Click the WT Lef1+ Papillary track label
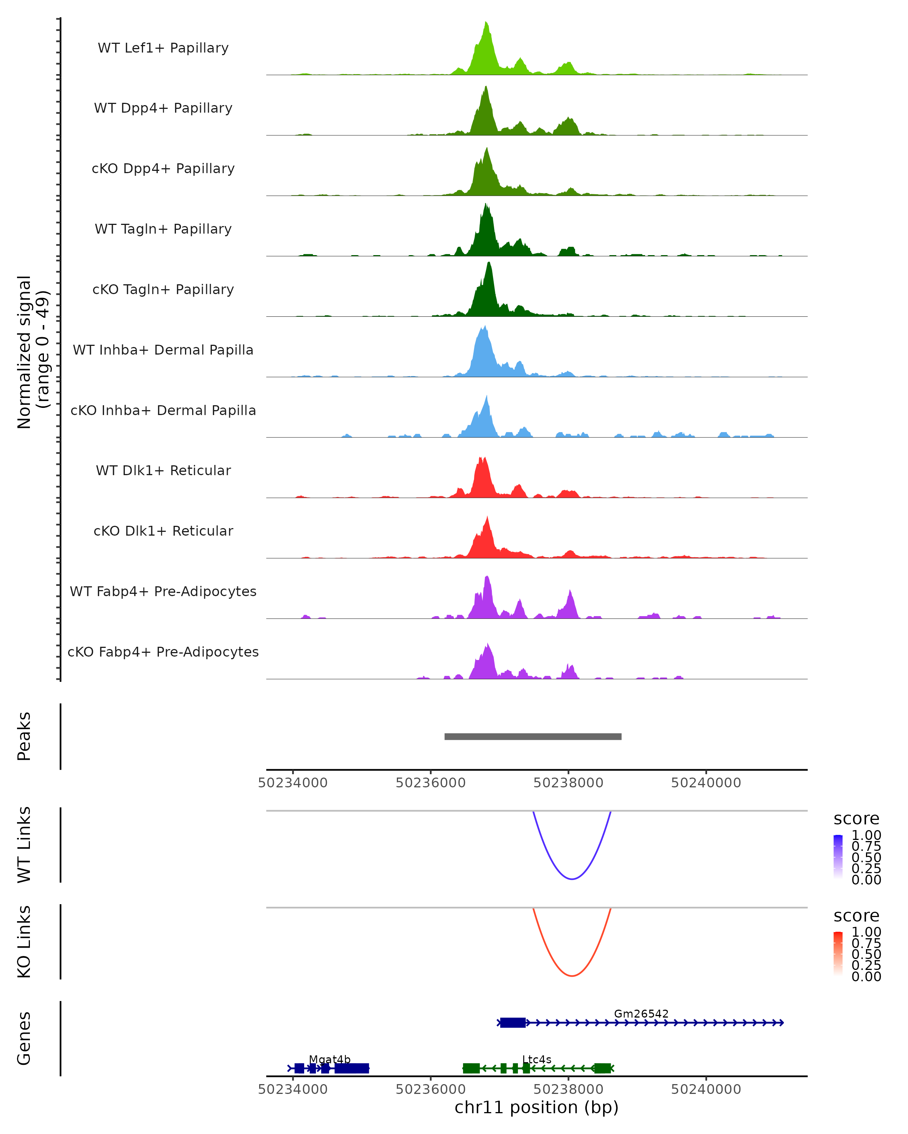click(163, 48)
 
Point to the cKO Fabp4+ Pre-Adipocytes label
click(163, 652)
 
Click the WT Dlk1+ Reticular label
click(163, 470)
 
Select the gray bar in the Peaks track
click(533, 736)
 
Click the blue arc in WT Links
click(572, 878)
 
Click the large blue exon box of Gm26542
click(513, 1022)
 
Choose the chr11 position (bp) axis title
click(536, 1108)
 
